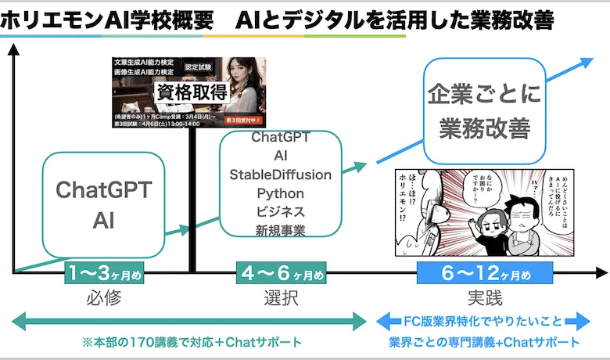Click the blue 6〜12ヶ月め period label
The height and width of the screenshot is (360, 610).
(485, 274)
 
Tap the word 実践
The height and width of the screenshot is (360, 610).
(484, 298)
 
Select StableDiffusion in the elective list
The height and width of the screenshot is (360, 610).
(280, 174)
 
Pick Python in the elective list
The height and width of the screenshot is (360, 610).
(280, 192)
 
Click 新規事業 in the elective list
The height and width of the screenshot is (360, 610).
(280, 229)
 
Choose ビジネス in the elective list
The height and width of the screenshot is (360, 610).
(280, 211)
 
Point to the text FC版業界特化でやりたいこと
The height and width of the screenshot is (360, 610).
(484, 322)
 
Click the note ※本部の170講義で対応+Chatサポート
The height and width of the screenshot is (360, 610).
(192, 342)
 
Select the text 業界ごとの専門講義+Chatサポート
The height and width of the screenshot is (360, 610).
(484, 342)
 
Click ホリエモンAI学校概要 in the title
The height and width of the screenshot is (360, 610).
(106, 20)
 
